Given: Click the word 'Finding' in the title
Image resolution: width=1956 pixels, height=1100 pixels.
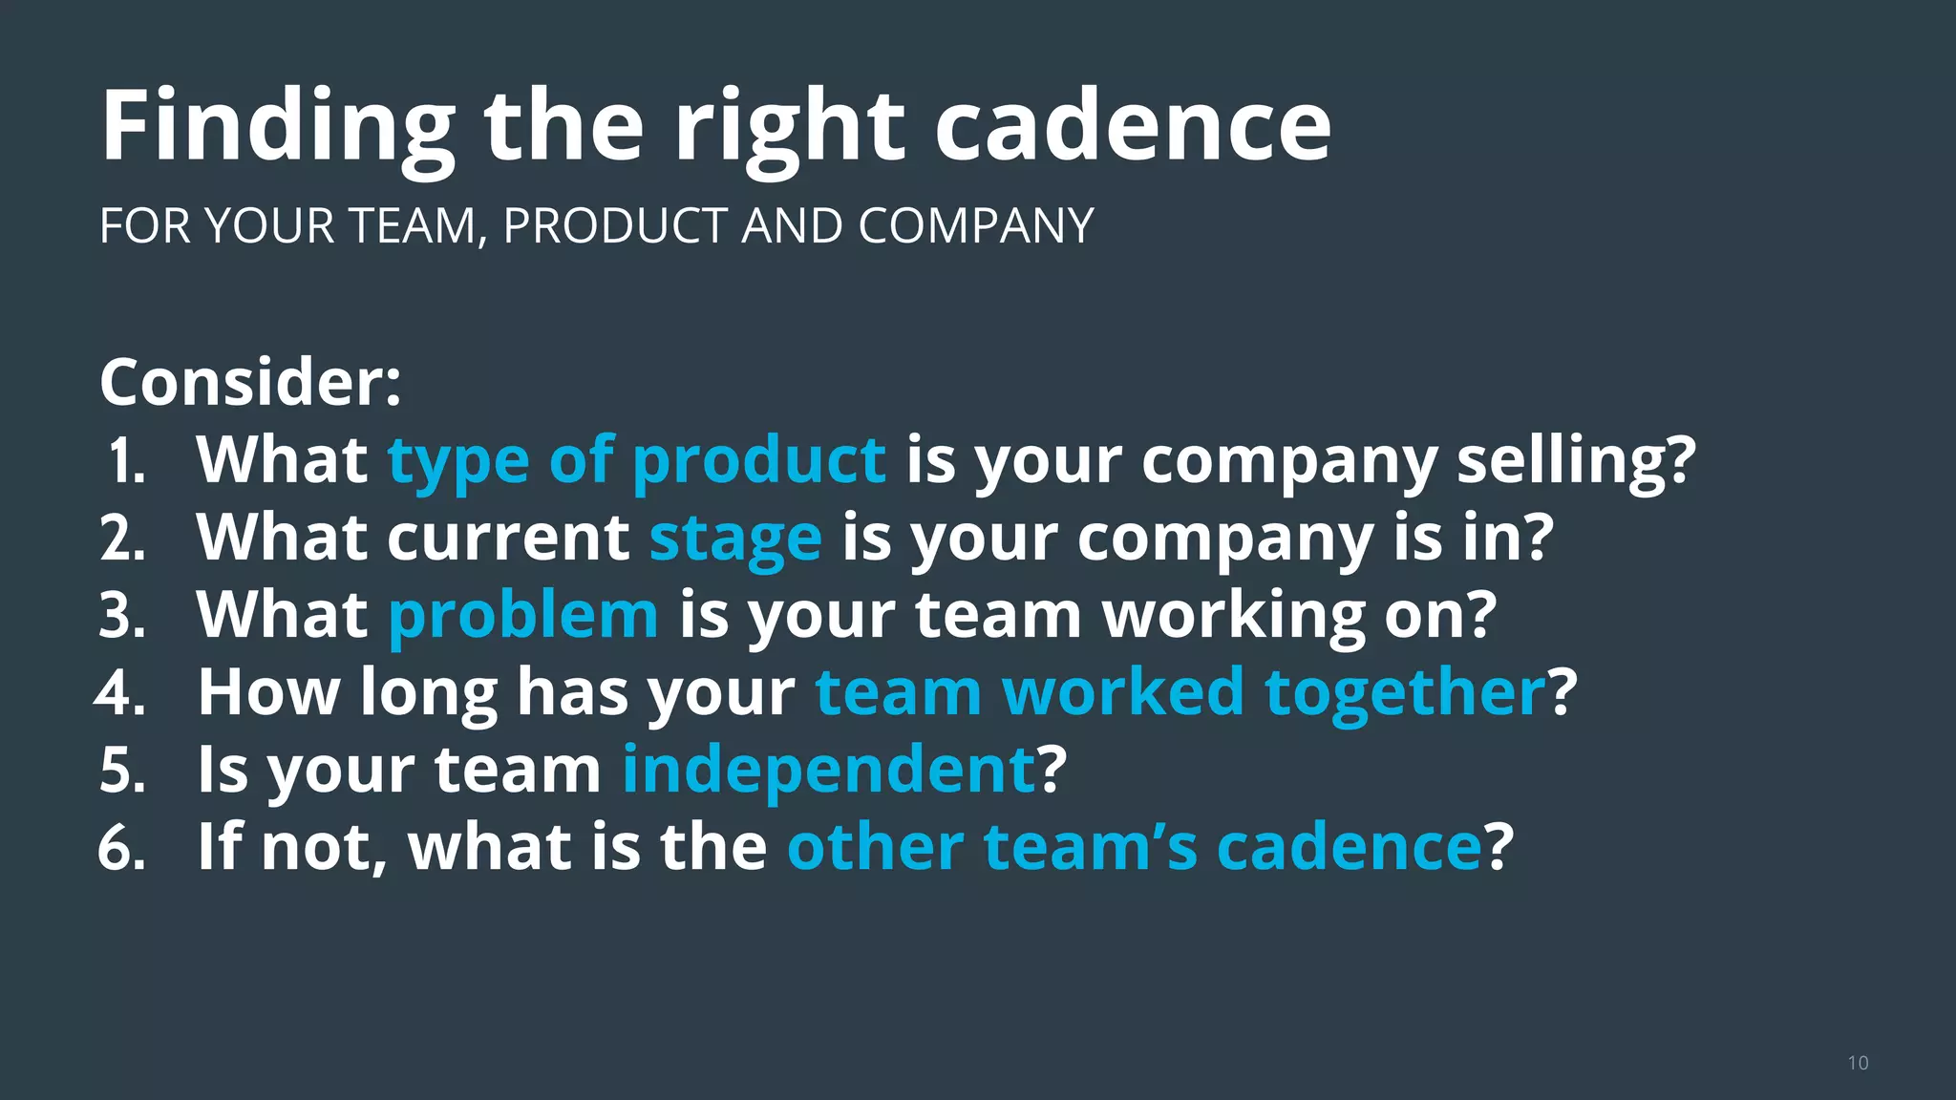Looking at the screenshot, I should click(278, 127).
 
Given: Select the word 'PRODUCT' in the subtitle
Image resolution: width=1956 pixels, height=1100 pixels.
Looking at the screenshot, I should click(614, 226).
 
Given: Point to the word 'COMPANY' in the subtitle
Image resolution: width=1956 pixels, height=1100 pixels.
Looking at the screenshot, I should click(975, 226).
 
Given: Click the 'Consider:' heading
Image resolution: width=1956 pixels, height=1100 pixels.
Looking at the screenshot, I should click(250, 382).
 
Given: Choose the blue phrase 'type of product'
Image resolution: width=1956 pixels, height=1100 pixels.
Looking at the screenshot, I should click(636, 461).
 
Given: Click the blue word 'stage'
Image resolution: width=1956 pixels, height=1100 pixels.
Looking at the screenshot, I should click(735, 539).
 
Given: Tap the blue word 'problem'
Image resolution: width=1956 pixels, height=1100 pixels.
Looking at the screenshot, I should click(523, 615).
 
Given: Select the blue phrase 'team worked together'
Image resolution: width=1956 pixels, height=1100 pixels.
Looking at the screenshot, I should click(1180, 692).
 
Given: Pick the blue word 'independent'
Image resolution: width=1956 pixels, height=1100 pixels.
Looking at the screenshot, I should click(829, 770).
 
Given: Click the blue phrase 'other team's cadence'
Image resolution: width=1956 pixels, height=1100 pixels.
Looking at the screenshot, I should click(1134, 847).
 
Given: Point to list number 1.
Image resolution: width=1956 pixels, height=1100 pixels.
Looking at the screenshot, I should click(125, 462).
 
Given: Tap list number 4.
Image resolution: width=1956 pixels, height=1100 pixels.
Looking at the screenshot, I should click(121, 693).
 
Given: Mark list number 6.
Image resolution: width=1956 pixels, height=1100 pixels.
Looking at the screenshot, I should click(121, 848).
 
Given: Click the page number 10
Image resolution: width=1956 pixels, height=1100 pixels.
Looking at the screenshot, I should click(1858, 1064).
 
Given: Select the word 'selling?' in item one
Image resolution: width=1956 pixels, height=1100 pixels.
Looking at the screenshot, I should click(1576, 461).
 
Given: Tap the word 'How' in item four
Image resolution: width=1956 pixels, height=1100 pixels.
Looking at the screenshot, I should click(268, 692).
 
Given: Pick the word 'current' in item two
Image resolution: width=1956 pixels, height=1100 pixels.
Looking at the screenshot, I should click(508, 539).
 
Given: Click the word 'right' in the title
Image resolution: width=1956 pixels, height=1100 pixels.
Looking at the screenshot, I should click(790, 127).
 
